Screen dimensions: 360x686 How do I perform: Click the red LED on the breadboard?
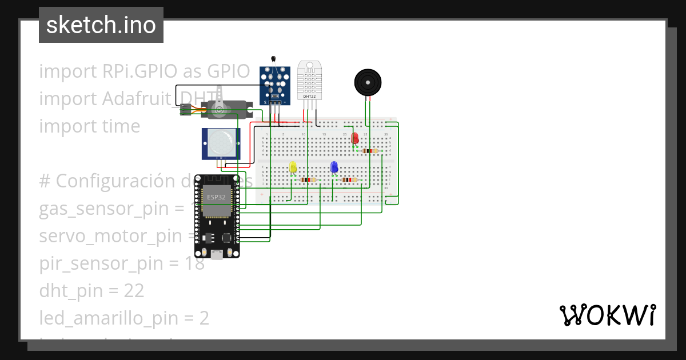tap(354, 138)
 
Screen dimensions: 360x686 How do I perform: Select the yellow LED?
tap(293, 167)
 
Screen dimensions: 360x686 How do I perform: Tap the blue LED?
tap(334, 167)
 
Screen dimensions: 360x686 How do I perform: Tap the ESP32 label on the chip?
tap(216, 197)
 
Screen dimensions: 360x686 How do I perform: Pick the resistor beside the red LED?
tap(370, 151)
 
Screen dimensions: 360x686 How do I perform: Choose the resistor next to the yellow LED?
tap(308, 179)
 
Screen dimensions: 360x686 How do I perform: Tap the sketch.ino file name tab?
tap(101, 25)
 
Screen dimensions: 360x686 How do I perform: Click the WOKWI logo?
tap(608, 315)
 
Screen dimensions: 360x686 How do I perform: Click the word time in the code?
tap(121, 126)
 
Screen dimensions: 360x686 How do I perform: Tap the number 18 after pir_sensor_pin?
tap(194, 263)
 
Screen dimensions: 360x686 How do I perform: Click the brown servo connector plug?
tap(185, 109)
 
